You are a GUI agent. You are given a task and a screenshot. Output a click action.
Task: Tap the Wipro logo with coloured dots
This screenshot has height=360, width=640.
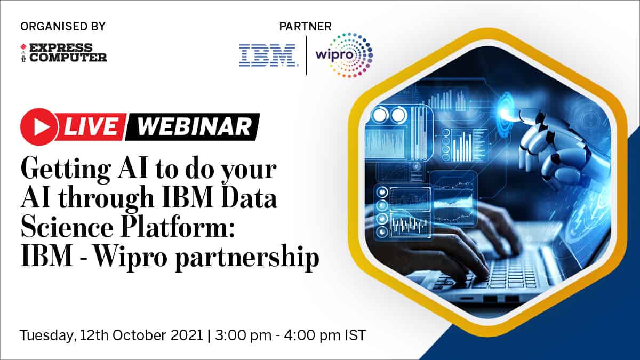click(345, 55)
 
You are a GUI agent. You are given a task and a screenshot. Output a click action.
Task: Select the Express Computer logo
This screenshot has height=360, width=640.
click(63, 52)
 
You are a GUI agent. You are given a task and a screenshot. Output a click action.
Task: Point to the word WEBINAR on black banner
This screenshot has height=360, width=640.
click(194, 126)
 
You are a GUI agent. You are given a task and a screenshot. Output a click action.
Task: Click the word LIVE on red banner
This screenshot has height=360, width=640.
click(90, 126)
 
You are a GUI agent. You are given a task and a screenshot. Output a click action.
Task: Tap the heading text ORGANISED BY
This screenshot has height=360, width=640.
click(63, 26)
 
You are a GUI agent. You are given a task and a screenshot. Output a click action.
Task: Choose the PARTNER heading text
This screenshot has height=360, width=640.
click(306, 27)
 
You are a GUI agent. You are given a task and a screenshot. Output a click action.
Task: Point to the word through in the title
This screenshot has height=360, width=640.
click(107, 199)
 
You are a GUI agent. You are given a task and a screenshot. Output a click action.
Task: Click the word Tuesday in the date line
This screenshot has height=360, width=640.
click(46, 335)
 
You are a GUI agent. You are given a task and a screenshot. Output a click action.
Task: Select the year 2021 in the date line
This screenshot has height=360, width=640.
click(187, 335)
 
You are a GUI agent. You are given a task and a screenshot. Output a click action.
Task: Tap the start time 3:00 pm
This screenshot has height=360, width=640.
click(243, 335)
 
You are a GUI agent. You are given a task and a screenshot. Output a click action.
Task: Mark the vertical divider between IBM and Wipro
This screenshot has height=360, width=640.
click(306, 55)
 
